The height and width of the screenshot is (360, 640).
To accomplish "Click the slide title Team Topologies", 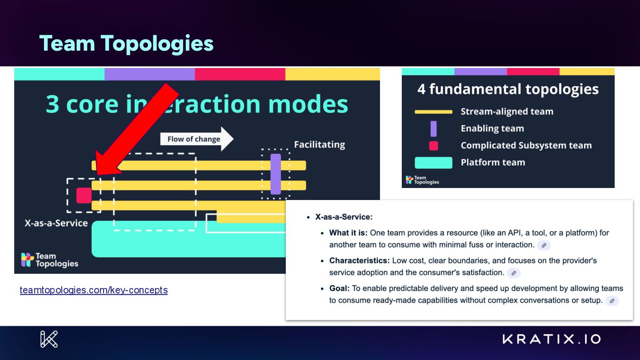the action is tap(127, 44).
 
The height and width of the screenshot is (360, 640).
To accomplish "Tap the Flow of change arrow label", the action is tap(194, 139).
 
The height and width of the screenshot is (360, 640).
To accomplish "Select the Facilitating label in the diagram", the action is tap(320, 144).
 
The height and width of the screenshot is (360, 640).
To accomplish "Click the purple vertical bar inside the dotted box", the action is tap(276, 174).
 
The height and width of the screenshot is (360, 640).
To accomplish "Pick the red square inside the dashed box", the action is tap(84, 196).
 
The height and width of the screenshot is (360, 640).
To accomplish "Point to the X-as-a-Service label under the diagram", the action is tap(56, 223).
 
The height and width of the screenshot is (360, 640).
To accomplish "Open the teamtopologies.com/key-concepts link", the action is tap(94, 290).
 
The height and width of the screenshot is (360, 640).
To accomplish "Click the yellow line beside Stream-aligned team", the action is tap(433, 112).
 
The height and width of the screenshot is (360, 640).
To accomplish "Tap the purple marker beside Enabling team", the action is tap(433, 129).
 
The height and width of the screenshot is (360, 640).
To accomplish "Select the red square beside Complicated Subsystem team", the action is tap(433, 146).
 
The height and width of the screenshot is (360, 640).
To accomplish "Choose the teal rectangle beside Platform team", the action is tap(433, 163).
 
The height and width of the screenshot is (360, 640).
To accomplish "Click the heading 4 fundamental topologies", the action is tap(508, 89).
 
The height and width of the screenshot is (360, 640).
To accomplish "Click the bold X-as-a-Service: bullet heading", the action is tap(344, 217).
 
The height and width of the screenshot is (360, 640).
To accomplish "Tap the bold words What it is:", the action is tap(348, 233).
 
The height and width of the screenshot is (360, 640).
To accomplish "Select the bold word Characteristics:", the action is tap(360, 260).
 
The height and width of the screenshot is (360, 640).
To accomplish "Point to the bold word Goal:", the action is tap(340, 288).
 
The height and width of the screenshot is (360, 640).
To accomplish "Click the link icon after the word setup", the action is tap(612, 301).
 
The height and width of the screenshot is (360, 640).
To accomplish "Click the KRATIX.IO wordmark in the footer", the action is tap(552, 339).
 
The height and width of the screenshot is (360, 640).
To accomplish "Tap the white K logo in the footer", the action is tap(49, 339).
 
